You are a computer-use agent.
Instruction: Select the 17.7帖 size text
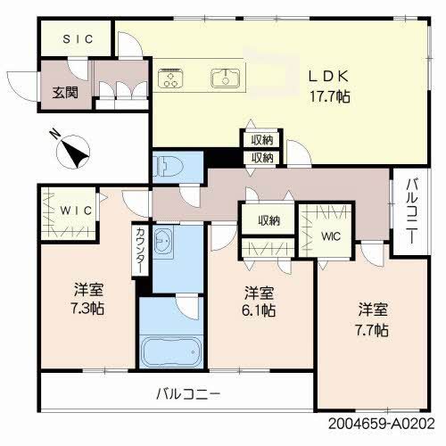click(x=330, y=96)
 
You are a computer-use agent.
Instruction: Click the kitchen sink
click(x=224, y=79)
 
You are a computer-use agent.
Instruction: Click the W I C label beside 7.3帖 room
click(x=69, y=211)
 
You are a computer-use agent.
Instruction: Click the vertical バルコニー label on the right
click(x=411, y=213)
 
